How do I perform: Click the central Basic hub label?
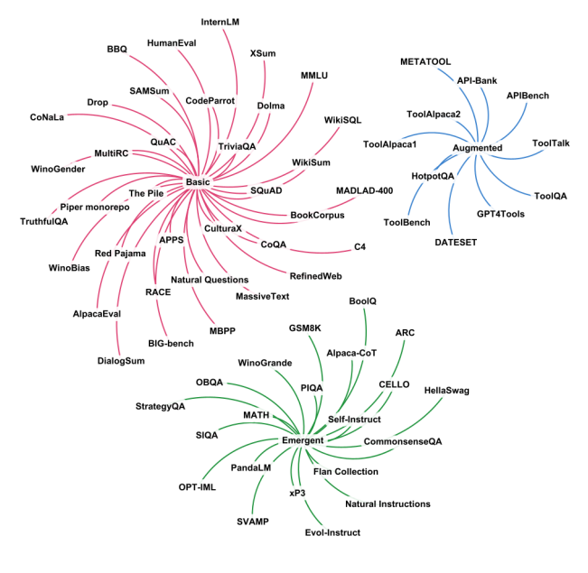click(x=197, y=182)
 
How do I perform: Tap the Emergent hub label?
click(x=303, y=440)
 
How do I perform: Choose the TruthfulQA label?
click(x=44, y=221)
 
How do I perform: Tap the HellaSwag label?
click(x=452, y=391)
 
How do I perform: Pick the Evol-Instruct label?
click(x=331, y=532)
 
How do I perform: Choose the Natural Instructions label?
click(x=388, y=504)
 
